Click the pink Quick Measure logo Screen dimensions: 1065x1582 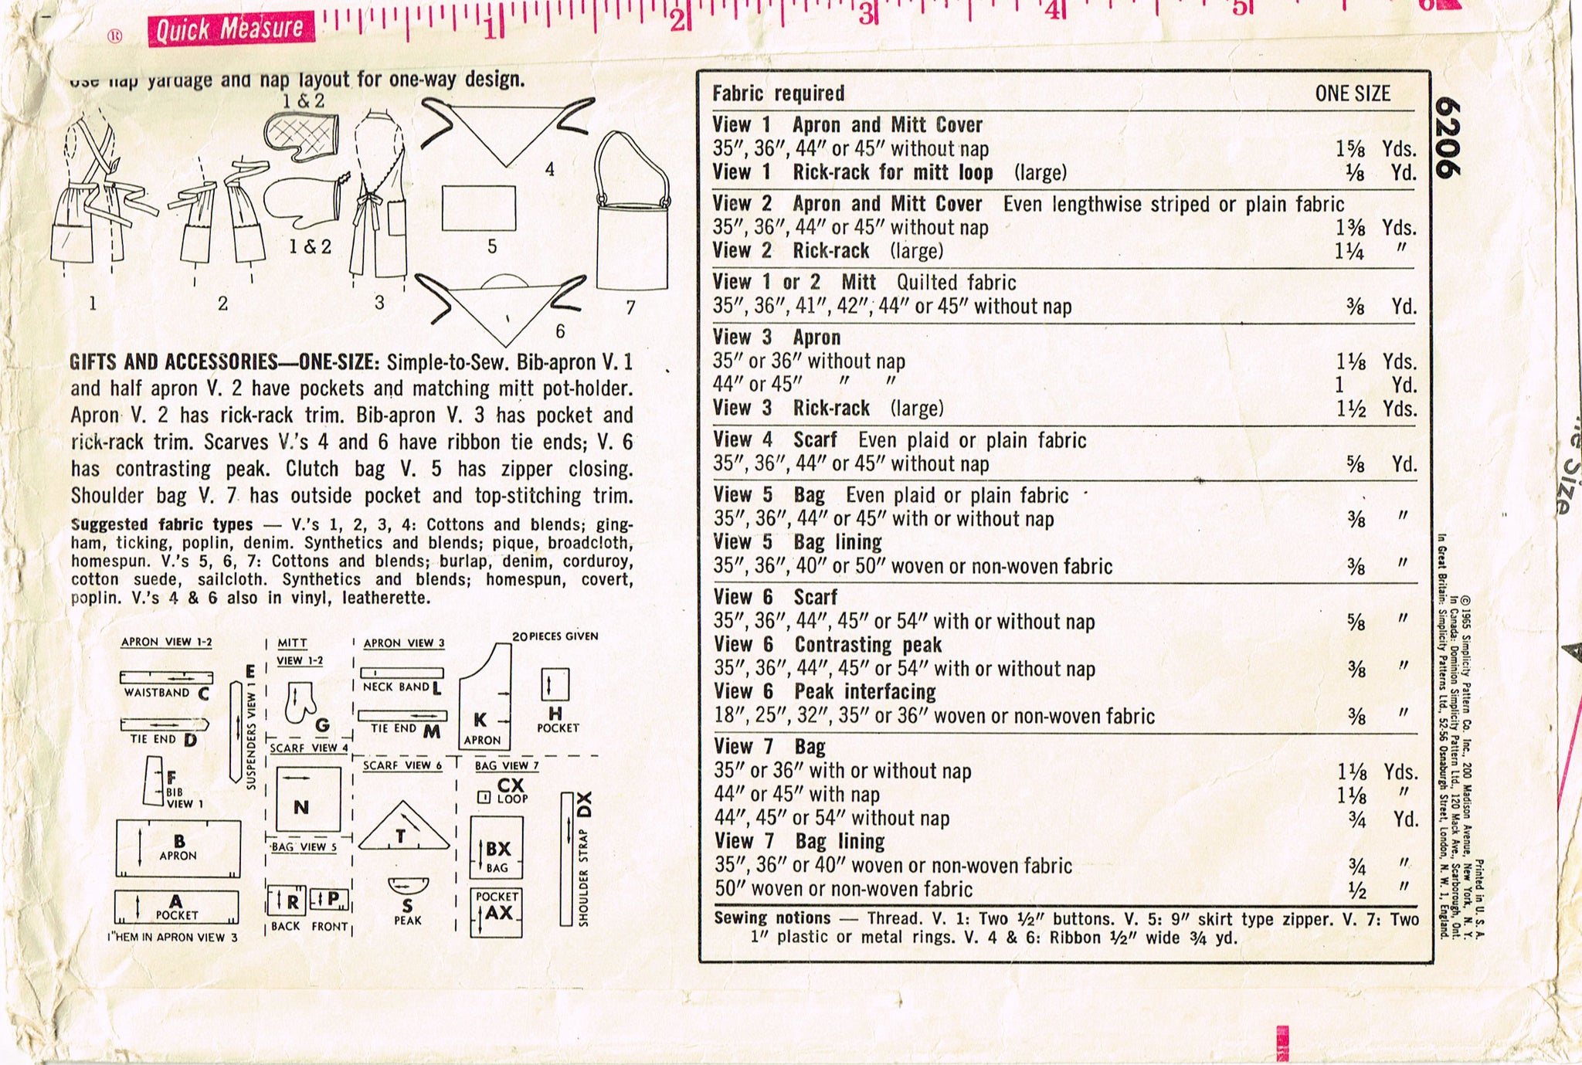(230, 29)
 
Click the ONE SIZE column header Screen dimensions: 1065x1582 (1352, 93)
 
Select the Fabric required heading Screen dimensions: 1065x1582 (778, 93)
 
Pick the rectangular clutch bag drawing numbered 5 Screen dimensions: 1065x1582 (479, 207)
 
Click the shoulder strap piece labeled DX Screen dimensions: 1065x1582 (567, 857)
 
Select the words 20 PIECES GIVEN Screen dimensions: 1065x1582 (555, 636)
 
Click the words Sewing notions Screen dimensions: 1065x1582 (772, 917)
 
